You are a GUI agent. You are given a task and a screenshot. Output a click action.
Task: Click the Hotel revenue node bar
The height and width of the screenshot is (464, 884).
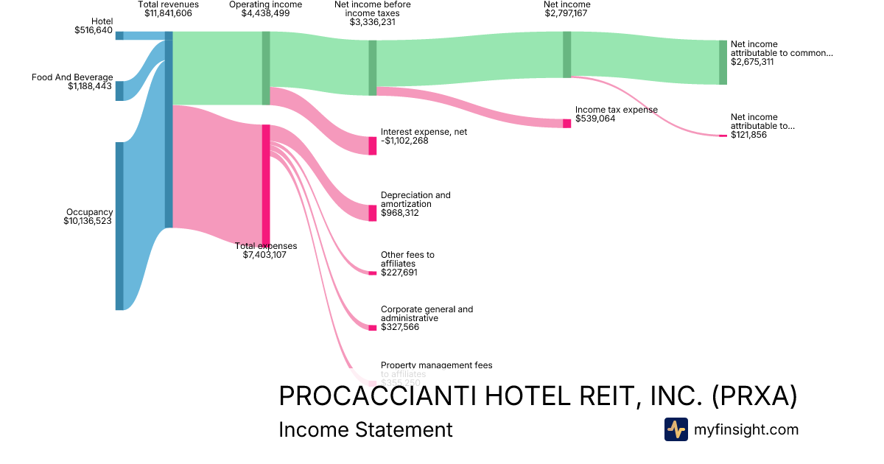coord(119,35)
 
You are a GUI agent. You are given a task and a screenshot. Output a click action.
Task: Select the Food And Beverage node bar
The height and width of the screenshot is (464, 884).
coord(119,91)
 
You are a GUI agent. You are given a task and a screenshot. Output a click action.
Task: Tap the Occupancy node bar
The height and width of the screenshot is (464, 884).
coord(119,226)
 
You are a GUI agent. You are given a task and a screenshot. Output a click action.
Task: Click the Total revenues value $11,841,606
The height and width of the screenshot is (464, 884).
coord(168,13)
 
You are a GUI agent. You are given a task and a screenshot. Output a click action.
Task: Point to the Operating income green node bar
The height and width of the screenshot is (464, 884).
coord(266,68)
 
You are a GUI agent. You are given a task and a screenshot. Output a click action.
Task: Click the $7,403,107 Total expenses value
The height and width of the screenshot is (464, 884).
coord(264,255)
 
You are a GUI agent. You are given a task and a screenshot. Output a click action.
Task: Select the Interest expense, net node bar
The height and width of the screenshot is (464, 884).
coord(373,145)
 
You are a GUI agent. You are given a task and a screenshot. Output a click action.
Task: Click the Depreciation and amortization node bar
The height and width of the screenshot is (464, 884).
coord(373,213)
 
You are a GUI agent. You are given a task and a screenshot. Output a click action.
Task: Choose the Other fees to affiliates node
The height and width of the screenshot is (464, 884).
coord(373,273)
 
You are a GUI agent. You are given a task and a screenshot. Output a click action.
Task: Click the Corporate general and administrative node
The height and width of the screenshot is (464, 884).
coord(373,328)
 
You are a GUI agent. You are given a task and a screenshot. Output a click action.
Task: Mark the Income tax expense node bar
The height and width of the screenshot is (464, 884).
coord(566,123)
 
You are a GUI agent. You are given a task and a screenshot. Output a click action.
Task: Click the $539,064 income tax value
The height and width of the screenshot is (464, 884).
coord(595,118)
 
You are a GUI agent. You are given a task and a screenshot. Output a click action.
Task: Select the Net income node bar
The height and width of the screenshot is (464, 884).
coord(566,55)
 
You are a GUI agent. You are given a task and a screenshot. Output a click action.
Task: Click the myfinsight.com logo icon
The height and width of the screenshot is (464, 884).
coord(676,429)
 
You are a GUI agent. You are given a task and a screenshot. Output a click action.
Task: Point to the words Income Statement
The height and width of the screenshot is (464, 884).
coord(365,429)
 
